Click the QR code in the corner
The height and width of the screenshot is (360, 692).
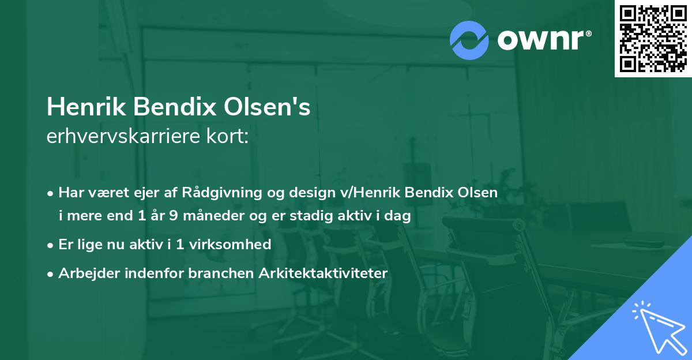653,38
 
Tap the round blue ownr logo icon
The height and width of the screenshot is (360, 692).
469,40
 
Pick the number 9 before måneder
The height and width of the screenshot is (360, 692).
172,217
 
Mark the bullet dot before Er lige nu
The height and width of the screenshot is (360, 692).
51,245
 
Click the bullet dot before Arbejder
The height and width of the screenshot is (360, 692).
51,274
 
